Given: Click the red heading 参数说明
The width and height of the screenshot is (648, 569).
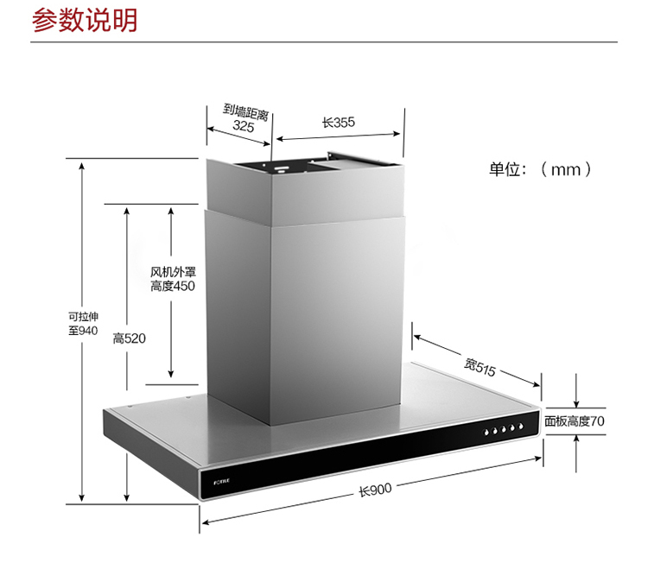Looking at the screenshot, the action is pyautogui.click(x=84, y=21).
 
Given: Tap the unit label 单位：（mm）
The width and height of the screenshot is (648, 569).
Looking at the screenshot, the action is pyautogui.click(x=541, y=169).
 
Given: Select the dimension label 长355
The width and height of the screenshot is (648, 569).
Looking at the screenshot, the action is pyautogui.click(x=339, y=123).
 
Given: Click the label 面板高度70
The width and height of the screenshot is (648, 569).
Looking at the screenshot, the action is pyautogui.click(x=575, y=421).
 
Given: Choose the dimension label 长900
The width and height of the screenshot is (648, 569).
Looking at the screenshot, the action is pyautogui.click(x=375, y=490).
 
